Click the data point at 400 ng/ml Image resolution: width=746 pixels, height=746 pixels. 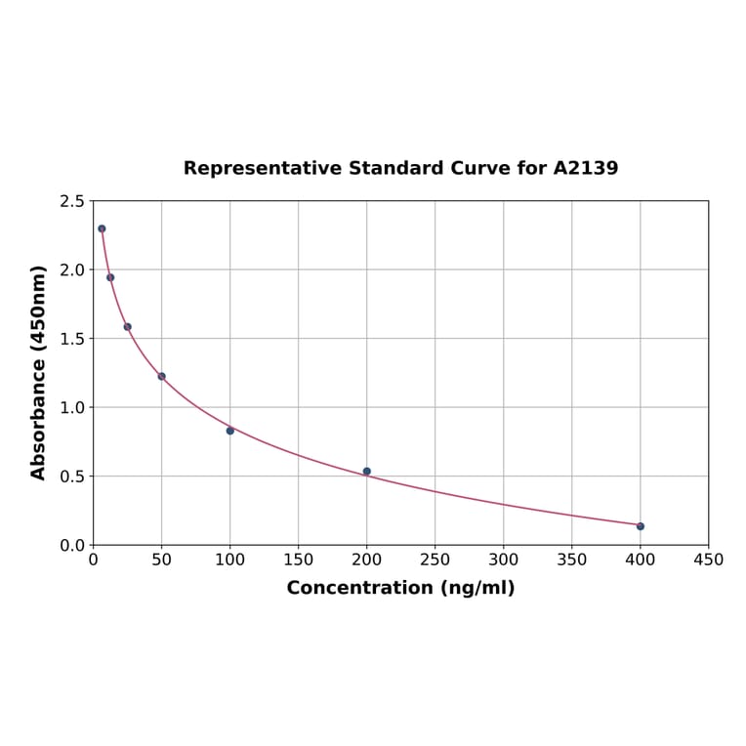click(641, 526)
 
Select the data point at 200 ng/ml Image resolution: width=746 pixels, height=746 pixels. click(367, 472)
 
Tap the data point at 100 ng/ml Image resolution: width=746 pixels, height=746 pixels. click(230, 431)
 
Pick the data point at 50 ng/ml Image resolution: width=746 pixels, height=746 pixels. click(162, 376)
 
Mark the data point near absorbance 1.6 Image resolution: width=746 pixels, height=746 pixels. click(128, 327)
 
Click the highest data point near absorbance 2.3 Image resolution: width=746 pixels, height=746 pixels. click(102, 228)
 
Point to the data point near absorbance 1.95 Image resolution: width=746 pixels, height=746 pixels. click(110, 277)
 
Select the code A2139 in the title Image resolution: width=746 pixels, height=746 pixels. click(585, 168)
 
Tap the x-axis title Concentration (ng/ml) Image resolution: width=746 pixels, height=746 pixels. click(400, 588)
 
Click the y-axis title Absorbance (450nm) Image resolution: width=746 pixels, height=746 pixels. click(39, 372)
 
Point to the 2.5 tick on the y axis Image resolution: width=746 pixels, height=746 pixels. click(72, 201)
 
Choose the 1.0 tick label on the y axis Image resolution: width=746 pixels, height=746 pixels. click(72, 407)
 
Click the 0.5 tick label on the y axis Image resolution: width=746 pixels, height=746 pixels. click(72, 477)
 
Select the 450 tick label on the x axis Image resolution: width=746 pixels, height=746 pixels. click(709, 559)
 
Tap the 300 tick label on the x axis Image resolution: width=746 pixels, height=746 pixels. click(504, 559)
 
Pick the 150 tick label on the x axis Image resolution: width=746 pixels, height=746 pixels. click(299, 559)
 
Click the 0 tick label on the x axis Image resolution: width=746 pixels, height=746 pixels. click(94, 559)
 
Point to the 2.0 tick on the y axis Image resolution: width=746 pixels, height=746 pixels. click(72, 269)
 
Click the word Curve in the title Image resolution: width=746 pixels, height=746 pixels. click(479, 168)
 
